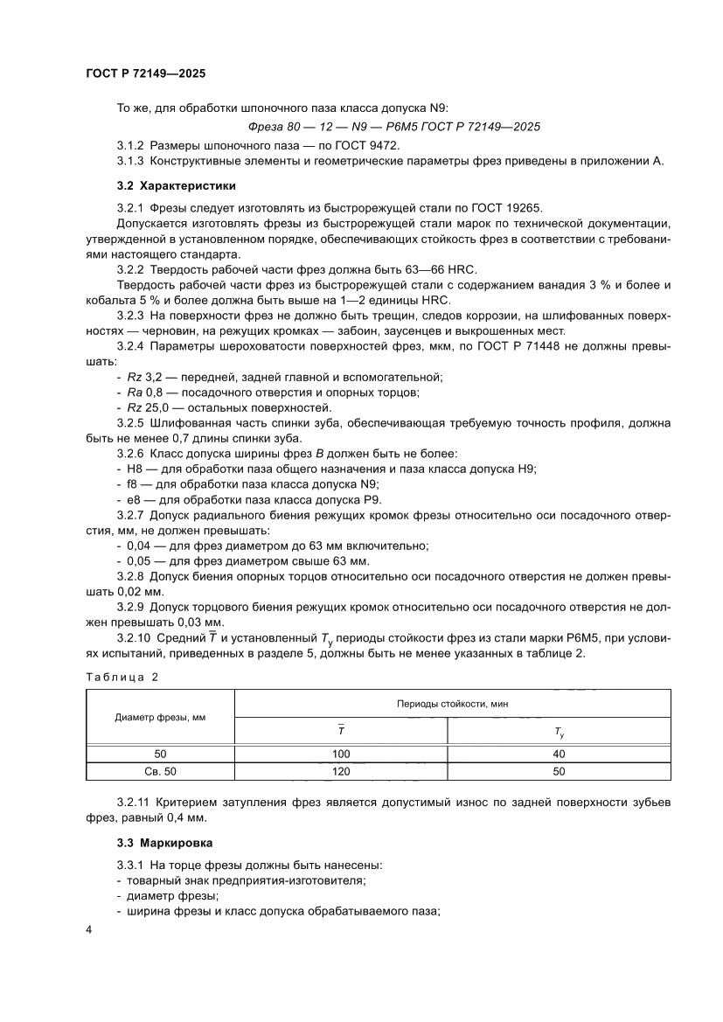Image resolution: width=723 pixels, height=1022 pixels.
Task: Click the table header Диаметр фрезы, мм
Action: tap(160, 717)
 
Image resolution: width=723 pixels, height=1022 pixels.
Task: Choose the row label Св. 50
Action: tap(160, 771)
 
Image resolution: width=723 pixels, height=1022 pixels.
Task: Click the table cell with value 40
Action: tap(560, 754)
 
